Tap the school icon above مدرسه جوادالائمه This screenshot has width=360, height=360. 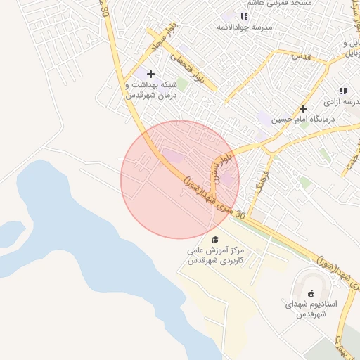point(244,16)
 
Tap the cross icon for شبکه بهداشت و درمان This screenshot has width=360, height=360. point(150,74)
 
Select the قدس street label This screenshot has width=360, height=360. point(300,55)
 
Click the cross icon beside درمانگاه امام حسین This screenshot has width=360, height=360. point(303,109)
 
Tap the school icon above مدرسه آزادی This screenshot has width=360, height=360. point(343,91)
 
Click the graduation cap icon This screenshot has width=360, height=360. point(215,240)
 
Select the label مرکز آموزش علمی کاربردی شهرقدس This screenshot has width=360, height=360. point(215,255)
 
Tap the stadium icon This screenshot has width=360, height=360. point(312,293)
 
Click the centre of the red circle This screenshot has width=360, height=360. point(180,179)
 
